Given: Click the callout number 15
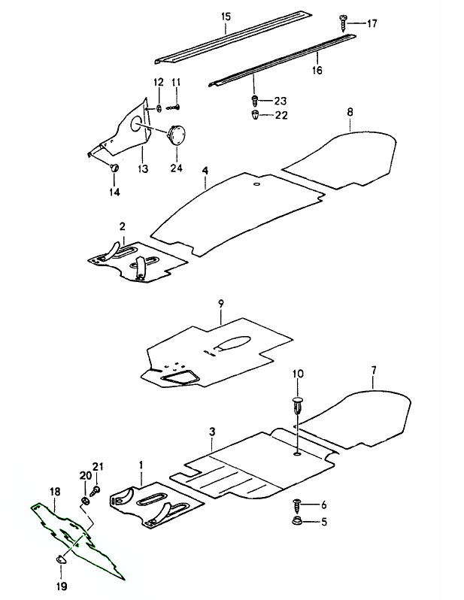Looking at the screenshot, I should click(226, 16).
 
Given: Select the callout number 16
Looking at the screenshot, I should click(316, 70).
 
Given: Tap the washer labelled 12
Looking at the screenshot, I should click(159, 108).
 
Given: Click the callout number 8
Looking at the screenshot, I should click(349, 111).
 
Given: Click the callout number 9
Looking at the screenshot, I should click(221, 303).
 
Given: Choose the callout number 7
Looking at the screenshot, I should click(373, 369).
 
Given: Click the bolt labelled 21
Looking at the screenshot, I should click(97, 489).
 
